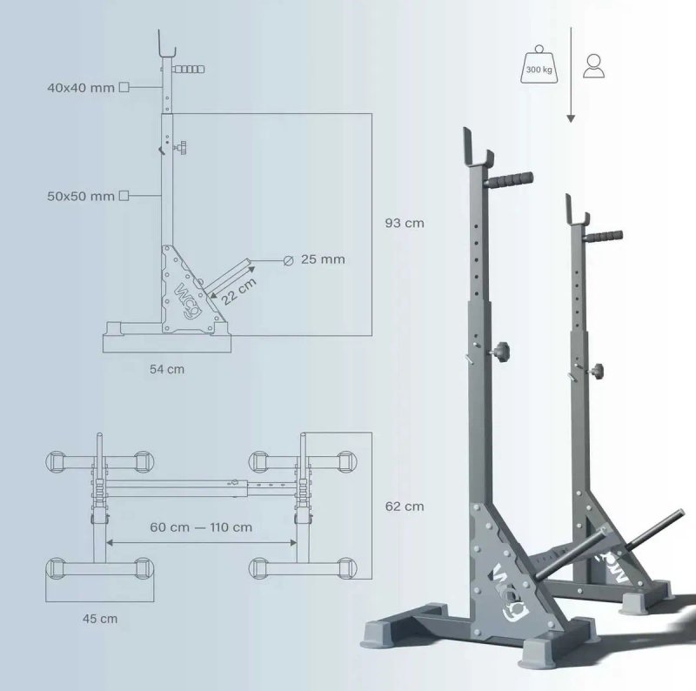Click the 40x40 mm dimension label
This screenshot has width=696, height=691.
point(81,88)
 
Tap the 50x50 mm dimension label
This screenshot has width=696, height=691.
point(81,196)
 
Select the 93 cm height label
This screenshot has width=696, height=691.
point(405,223)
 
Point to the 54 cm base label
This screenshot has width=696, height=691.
point(167,369)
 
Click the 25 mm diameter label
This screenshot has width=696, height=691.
point(323,259)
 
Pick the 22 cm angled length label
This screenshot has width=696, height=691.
point(238,292)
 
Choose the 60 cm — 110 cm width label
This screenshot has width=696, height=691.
point(201,527)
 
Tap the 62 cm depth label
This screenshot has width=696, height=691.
point(405,507)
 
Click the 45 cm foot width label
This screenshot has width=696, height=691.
point(100,619)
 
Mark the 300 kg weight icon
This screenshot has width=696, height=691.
point(539,65)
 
